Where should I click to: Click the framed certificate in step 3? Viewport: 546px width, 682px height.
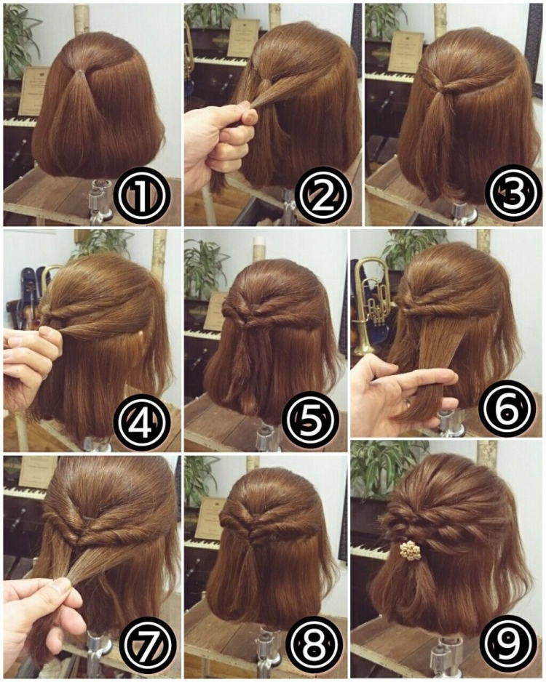coord(405,52)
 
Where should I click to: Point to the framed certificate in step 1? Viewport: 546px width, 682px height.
coord(33,90)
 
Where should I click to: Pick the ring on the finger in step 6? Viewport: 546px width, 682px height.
coord(407,402)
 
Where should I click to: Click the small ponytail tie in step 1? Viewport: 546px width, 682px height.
coord(79,71)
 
